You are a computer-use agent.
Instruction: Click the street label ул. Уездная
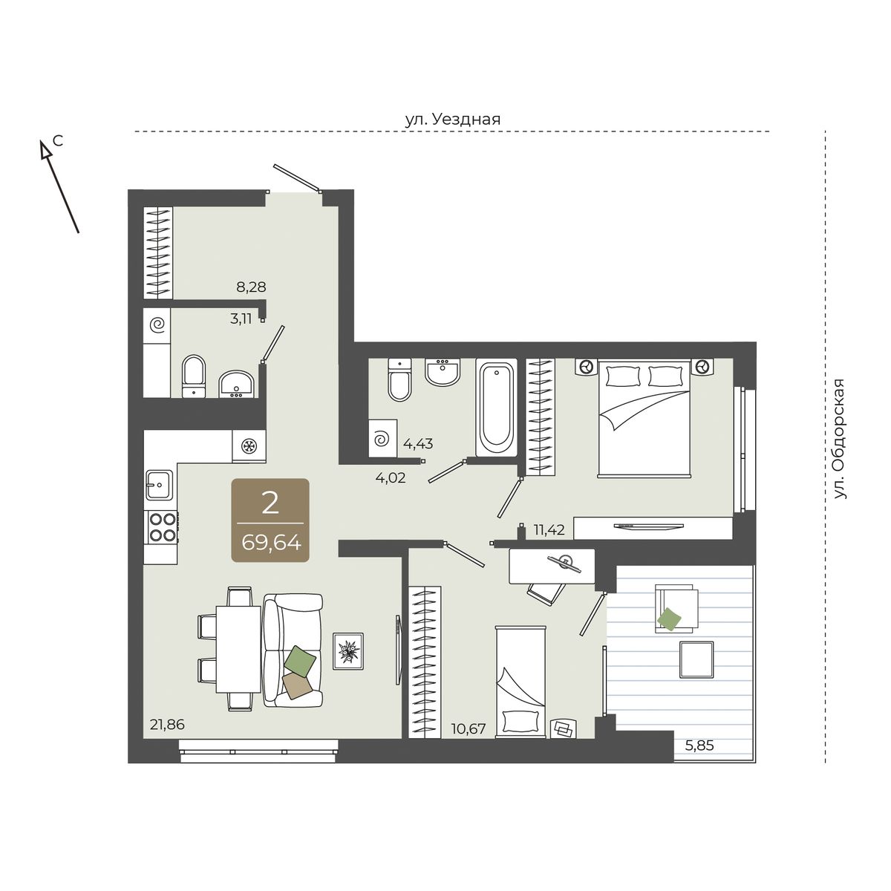pos(453,120)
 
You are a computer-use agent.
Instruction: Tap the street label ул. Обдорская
pos(840,439)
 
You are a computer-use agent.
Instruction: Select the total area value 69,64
pos(271,542)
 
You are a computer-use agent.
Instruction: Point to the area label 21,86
pos(167,724)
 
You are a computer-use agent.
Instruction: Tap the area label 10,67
pos(469,728)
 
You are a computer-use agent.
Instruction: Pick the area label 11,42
pos(549,530)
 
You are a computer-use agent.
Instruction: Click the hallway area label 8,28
pos(251,287)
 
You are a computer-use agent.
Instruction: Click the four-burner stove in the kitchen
pos(161,526)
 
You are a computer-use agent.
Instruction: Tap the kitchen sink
pos(160,485)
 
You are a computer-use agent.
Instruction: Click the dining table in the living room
pos(238,649)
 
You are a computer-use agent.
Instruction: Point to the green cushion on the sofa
pos(301,662)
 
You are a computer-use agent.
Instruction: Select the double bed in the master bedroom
pos(644,418)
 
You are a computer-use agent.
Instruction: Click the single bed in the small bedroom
pos(520,682)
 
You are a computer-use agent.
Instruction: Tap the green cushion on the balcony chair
pos(668,619)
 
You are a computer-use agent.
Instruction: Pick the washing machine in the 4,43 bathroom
pos(383,438)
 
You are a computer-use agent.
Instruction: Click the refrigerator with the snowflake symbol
pos(249,446)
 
